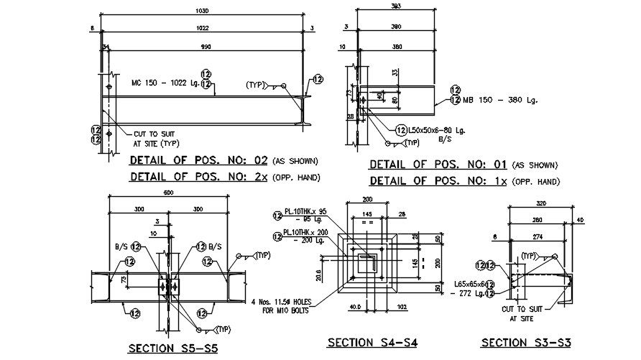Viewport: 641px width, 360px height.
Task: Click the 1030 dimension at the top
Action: tap(202, 11)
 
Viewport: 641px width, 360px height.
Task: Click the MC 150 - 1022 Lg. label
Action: tap(165, 83)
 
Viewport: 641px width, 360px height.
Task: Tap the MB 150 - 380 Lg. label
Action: tap(499, 100)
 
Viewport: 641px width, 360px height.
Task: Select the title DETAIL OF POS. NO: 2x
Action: tap(200, 177)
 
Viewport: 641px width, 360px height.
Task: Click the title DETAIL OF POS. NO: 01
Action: tap(440, 165)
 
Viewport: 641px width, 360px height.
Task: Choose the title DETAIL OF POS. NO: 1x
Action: tap(440, 182)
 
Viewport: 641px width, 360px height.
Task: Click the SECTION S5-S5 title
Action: tap(172, 349)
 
